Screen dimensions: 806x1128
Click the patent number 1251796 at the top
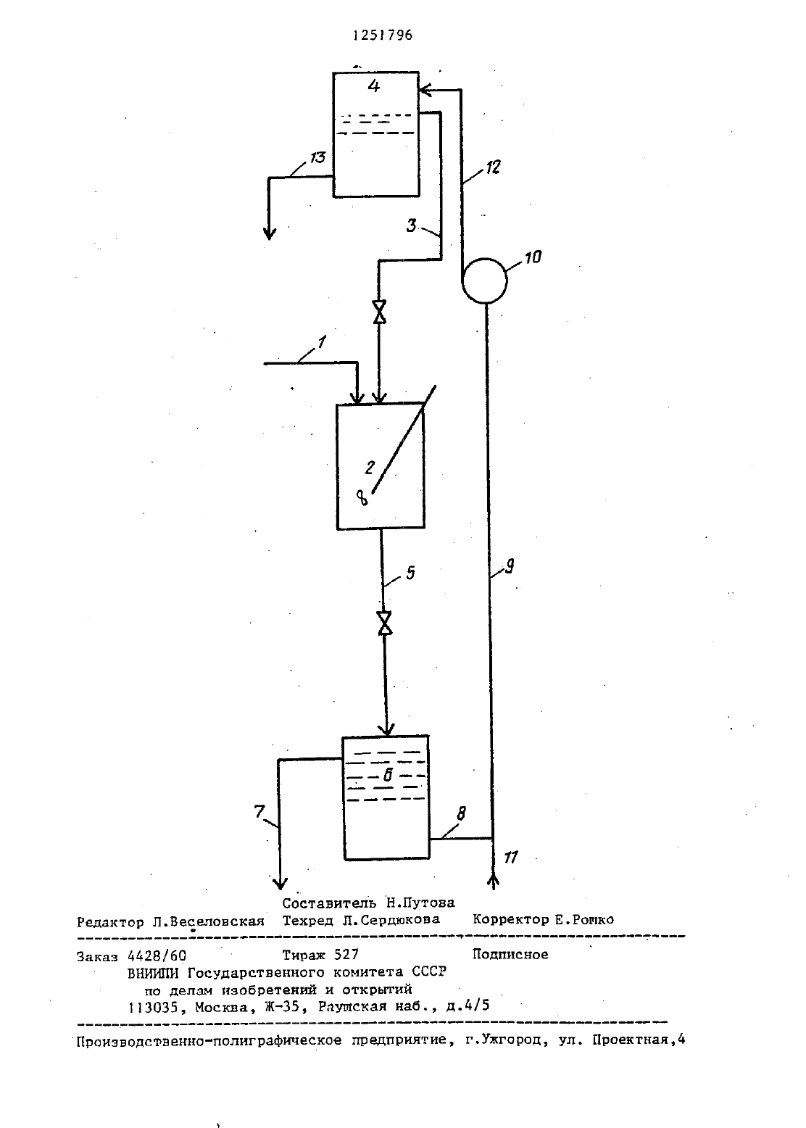click(x=383, y=36)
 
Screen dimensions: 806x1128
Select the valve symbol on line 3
click(x=379, y=312)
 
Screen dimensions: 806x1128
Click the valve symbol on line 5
click(x=385, y=623)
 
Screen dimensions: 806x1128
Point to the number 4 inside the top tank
click(x=373, y=86)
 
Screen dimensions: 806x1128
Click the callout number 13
click(x=317, y=157)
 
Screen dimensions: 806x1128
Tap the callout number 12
click(x=494, y=167)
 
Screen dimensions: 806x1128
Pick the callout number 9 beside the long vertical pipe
click(x=510, y=567)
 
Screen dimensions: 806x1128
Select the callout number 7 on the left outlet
click(x=259, y=812)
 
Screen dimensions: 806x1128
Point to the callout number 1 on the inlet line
click(x=321, y=343)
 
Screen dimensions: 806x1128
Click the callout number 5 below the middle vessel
click(x=411, y=573)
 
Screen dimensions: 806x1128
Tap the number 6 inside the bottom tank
click(x=388, y=775)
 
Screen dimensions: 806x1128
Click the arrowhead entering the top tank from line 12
click(x=425, y=90)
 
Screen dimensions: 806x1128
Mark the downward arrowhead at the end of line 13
click(x=270, y=233)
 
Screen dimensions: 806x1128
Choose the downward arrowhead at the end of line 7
click(x=280, y=883)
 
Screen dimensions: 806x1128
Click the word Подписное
click(x=510, y=955)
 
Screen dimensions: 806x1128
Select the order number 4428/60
click(x=157, y=955)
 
